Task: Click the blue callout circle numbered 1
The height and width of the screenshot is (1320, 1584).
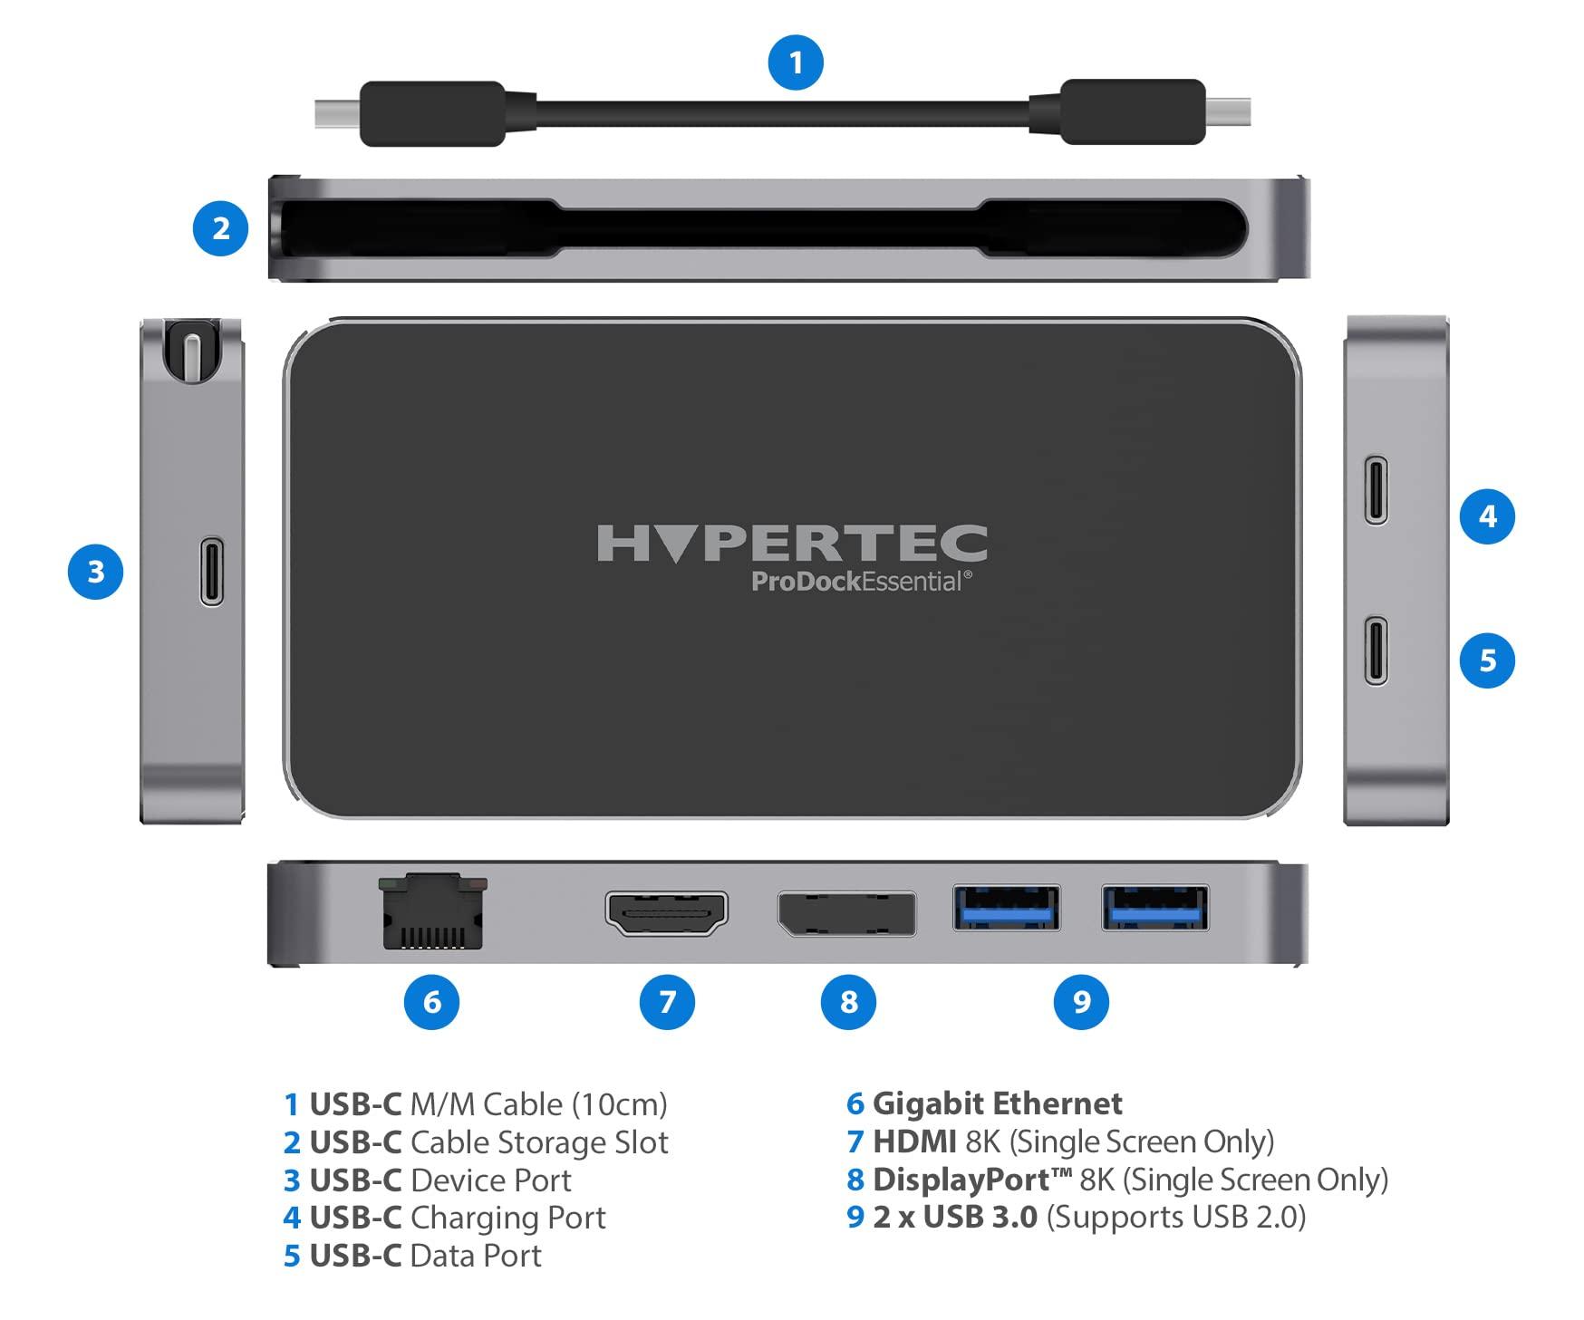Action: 796,63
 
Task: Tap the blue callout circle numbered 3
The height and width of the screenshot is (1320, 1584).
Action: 96,572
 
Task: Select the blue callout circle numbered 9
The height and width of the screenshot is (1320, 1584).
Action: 1081,1001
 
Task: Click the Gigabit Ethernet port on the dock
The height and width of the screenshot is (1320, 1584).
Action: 433,911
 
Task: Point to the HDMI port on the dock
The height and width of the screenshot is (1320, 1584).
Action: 667,913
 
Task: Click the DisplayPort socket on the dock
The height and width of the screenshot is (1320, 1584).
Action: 846,913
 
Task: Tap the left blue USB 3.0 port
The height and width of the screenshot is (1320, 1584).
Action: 1007,908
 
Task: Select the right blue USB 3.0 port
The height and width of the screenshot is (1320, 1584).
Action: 1155,908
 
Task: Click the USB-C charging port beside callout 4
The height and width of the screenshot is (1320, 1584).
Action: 1376,490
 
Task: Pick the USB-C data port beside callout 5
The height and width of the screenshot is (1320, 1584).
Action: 1376,650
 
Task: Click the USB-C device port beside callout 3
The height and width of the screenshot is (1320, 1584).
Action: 212,572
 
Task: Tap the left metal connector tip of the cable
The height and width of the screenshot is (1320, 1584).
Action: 337,113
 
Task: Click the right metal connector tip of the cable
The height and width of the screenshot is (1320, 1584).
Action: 1228,112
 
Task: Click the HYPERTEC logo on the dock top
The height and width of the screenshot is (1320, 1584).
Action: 792,544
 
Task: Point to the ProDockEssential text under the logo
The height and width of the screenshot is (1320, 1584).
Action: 862,582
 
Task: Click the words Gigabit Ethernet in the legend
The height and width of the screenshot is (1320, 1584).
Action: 997,1103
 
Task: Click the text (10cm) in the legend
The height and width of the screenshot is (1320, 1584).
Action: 620,1104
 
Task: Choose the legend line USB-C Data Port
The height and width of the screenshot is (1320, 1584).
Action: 412,1256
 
